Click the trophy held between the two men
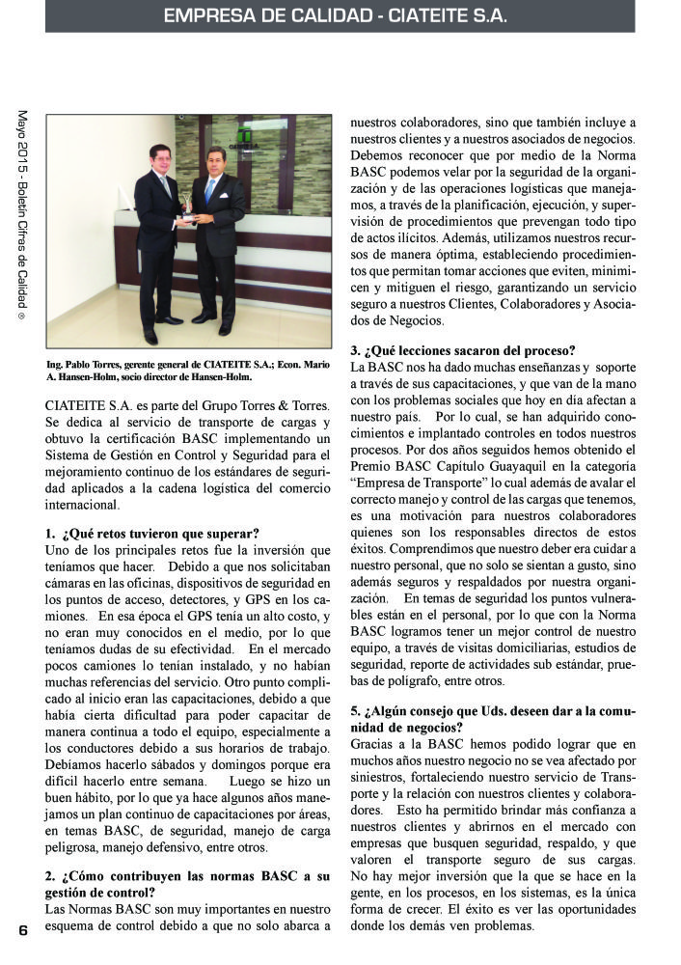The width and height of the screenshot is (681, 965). coord(185,204)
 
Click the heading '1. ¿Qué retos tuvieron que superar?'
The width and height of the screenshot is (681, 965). coord(151,534)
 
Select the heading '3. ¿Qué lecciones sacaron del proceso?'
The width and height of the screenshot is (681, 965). coord(462,350)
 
